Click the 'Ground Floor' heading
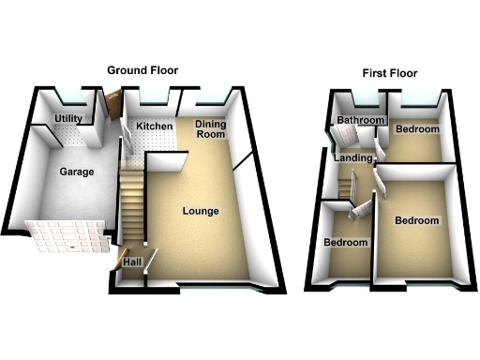[x=142, y=70]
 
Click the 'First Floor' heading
[x=389, y=72]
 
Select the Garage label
[x=75, y=172]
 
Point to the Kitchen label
[x=155, y=127]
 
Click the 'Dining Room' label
[x=211, y=129]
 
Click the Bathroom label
[x=361, y=121]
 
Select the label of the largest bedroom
[x=416, y=221]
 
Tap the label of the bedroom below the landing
[x=345, y=242]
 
